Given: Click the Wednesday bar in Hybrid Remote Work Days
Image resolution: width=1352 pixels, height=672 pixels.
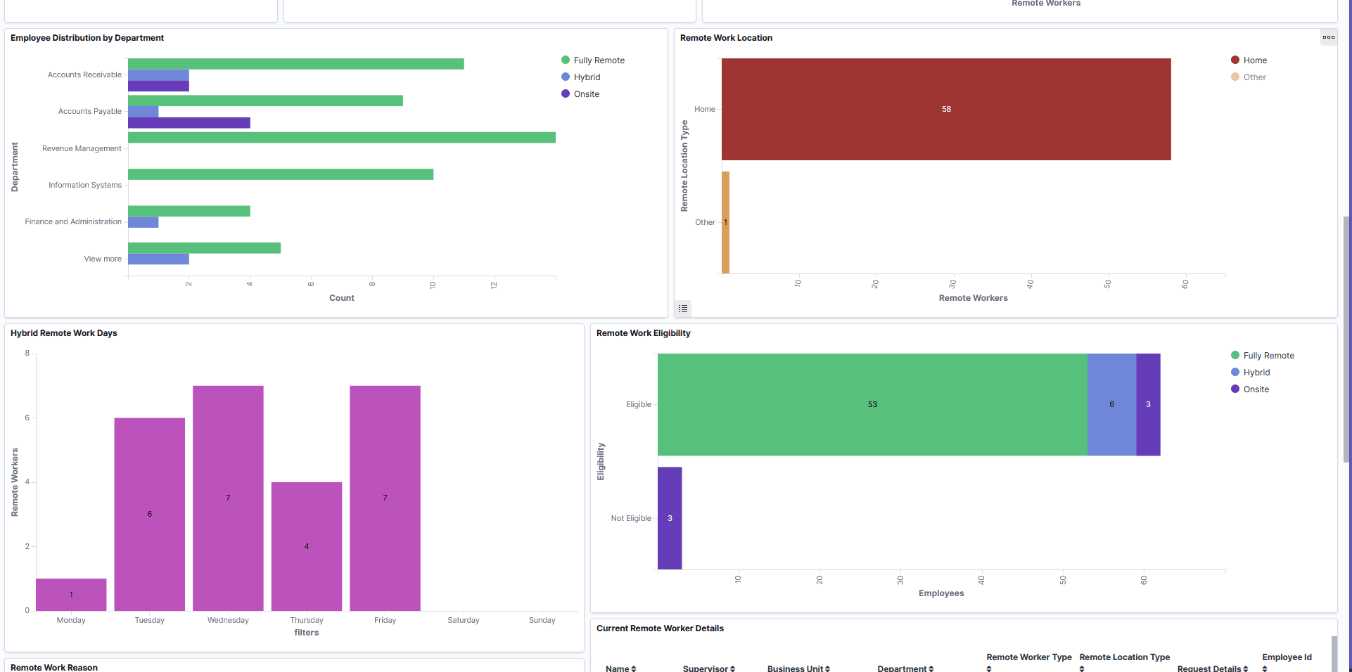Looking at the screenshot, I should coord(228,498).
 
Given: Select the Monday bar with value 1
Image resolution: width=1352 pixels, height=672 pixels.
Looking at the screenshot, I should coord(71,595).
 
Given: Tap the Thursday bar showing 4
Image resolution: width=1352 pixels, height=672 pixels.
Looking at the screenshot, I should coord(307,546).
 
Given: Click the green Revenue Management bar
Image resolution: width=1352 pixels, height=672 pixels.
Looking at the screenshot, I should coord(341,138).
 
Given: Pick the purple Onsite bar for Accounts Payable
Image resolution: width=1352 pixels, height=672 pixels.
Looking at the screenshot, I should coord(189,123).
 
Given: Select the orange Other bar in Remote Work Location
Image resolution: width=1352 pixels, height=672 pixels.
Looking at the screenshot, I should coord(725,222).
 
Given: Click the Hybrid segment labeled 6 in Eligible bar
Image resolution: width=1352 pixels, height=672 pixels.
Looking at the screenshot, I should coord(1111,404).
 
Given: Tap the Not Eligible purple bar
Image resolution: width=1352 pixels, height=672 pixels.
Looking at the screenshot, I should coord(670,518).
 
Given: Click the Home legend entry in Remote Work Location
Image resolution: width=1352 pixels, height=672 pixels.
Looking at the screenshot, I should coord(1254,60).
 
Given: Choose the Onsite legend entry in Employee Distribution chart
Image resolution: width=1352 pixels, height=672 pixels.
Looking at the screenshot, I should coord(586,94).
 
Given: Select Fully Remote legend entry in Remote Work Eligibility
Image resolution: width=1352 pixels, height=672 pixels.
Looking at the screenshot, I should coord(1268,356).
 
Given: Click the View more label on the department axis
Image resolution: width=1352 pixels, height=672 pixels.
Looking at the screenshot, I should coord(103,259).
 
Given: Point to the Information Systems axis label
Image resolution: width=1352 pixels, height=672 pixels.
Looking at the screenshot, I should coord(85,185).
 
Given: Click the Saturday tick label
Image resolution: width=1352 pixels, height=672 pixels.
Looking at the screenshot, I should coord(463,620).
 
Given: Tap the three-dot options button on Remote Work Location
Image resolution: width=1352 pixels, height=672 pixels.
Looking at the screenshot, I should coord(1328,38).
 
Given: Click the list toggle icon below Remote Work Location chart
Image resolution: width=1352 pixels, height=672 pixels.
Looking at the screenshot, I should coord(683,309).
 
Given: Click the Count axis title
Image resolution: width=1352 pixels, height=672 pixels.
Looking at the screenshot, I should coord(341,298).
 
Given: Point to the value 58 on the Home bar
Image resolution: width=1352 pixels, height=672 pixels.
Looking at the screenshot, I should coord(946,109).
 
